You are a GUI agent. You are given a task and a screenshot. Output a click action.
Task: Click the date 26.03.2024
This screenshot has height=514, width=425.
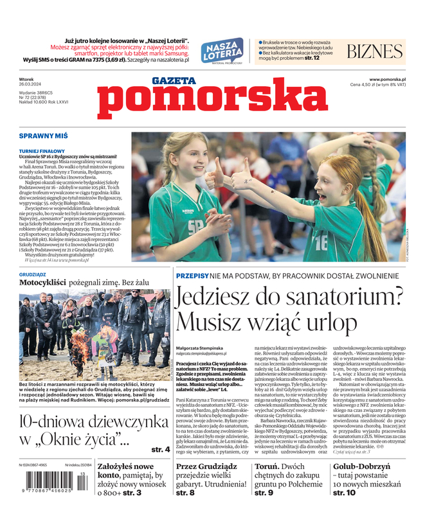click(x=30, y=84)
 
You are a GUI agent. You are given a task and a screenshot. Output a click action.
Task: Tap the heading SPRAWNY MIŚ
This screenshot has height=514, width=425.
click(x=43, y=137)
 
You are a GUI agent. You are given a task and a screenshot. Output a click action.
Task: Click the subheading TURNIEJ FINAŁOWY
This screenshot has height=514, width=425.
click(x=42, y=151)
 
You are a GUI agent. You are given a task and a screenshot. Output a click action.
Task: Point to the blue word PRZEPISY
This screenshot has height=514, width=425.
click(x=192, y=275)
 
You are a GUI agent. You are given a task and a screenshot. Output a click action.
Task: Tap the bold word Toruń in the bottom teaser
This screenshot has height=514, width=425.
click(x=266, y=467)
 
